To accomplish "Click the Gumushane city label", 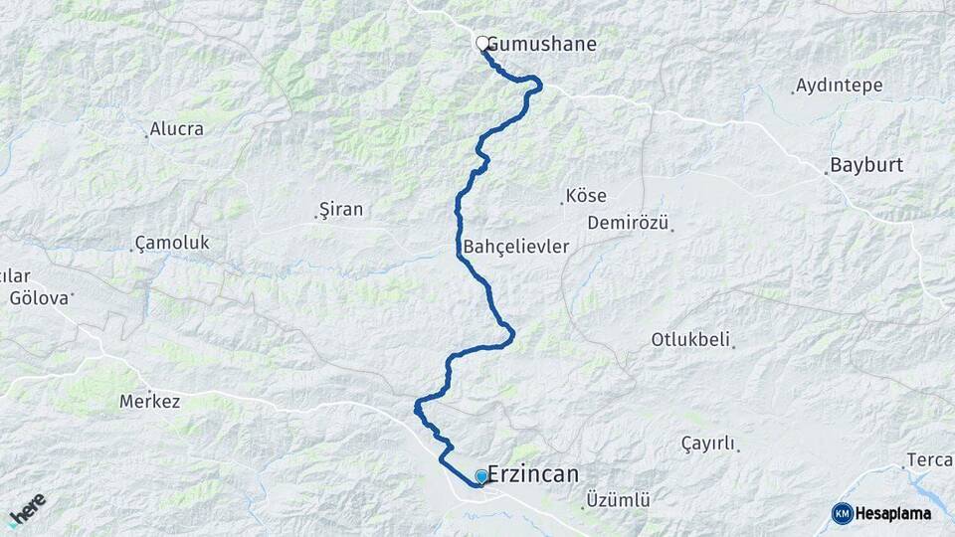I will coord(542,44).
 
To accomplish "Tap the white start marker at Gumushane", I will coord(482,43).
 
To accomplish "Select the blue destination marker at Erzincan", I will coord(481,476).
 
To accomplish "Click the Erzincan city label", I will coord(533,474).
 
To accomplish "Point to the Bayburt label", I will coord(866,165).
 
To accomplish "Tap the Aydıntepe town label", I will coord(840,86).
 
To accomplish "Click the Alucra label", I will coord(176,128).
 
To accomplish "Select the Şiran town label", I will coord(340,209).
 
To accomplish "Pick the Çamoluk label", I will coord(171,243).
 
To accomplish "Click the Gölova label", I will coord(39,297).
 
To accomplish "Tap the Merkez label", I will coord(149,402).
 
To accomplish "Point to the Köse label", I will coord(585,196).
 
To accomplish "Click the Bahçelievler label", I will coord(516,246).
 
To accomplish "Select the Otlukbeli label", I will coord(691,339).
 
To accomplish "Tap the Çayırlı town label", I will coord(707,444).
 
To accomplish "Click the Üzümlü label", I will coord(618,500).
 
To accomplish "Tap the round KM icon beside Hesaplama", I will coord(842,513).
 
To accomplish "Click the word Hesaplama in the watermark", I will coord(893,513).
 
